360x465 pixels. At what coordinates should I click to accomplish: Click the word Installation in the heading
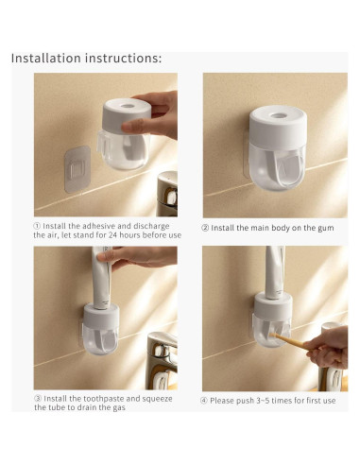(x=46, y=59)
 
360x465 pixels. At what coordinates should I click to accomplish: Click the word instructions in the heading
(x=122, y=59)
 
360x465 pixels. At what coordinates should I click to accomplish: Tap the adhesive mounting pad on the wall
(x=77, y=169)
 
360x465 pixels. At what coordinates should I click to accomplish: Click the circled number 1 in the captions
(x=37, y=226)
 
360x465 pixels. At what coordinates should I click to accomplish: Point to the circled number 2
(x=205, y=228)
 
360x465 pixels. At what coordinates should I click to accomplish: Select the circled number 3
(x=38, y=399)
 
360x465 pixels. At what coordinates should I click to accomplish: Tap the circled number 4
(x=204, y=401)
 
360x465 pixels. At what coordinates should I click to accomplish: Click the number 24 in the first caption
(x=112, y=235)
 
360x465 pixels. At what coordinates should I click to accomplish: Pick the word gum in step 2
(x=326, y=229)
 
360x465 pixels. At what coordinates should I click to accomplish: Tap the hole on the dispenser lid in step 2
(x=279, y=115)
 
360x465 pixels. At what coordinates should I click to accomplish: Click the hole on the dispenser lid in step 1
(x=128, y=106)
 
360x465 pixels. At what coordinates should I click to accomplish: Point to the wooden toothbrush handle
(x=286, y=340)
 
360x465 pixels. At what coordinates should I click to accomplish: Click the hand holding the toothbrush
(x=328, y=347)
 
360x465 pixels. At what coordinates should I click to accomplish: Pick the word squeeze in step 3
(x=157, y=399)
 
